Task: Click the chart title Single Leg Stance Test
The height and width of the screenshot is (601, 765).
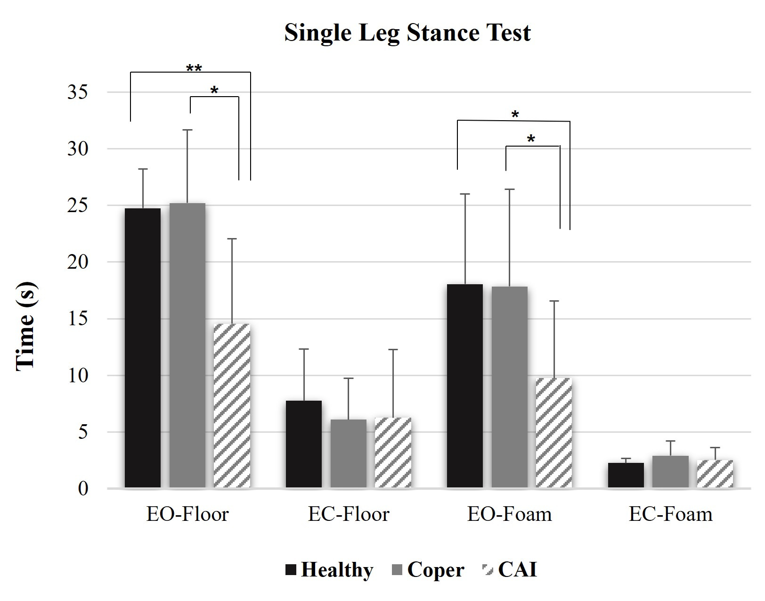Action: tap(407, 33)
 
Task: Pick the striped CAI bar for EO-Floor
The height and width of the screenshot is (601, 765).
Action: tap(232, 405)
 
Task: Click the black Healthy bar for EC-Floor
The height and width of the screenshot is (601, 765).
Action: tap(304, 444)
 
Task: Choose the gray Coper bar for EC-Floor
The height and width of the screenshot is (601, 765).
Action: tap(349, 453)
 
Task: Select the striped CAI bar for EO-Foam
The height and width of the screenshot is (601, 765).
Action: tap(554, 433)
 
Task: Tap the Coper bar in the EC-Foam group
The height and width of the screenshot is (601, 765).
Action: tap(670, 471)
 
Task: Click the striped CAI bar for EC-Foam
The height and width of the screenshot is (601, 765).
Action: tap(715, 474)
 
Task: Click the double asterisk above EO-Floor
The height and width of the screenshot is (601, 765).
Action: tap(194, 69)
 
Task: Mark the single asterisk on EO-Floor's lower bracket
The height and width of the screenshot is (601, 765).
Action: tap(214, 91)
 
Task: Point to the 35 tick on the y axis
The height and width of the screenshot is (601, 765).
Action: tap(77, 92)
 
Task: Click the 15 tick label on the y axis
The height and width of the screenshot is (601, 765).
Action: tap(77, 319)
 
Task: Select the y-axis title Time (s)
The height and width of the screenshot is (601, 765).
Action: tap(26, 327)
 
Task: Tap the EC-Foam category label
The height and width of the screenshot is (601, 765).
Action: tap(670, 514)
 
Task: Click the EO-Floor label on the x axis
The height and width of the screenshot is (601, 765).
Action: tap(187, 514)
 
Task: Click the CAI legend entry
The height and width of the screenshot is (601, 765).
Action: tap(509, 570)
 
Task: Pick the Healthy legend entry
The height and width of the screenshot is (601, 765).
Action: tap(329, 570)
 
